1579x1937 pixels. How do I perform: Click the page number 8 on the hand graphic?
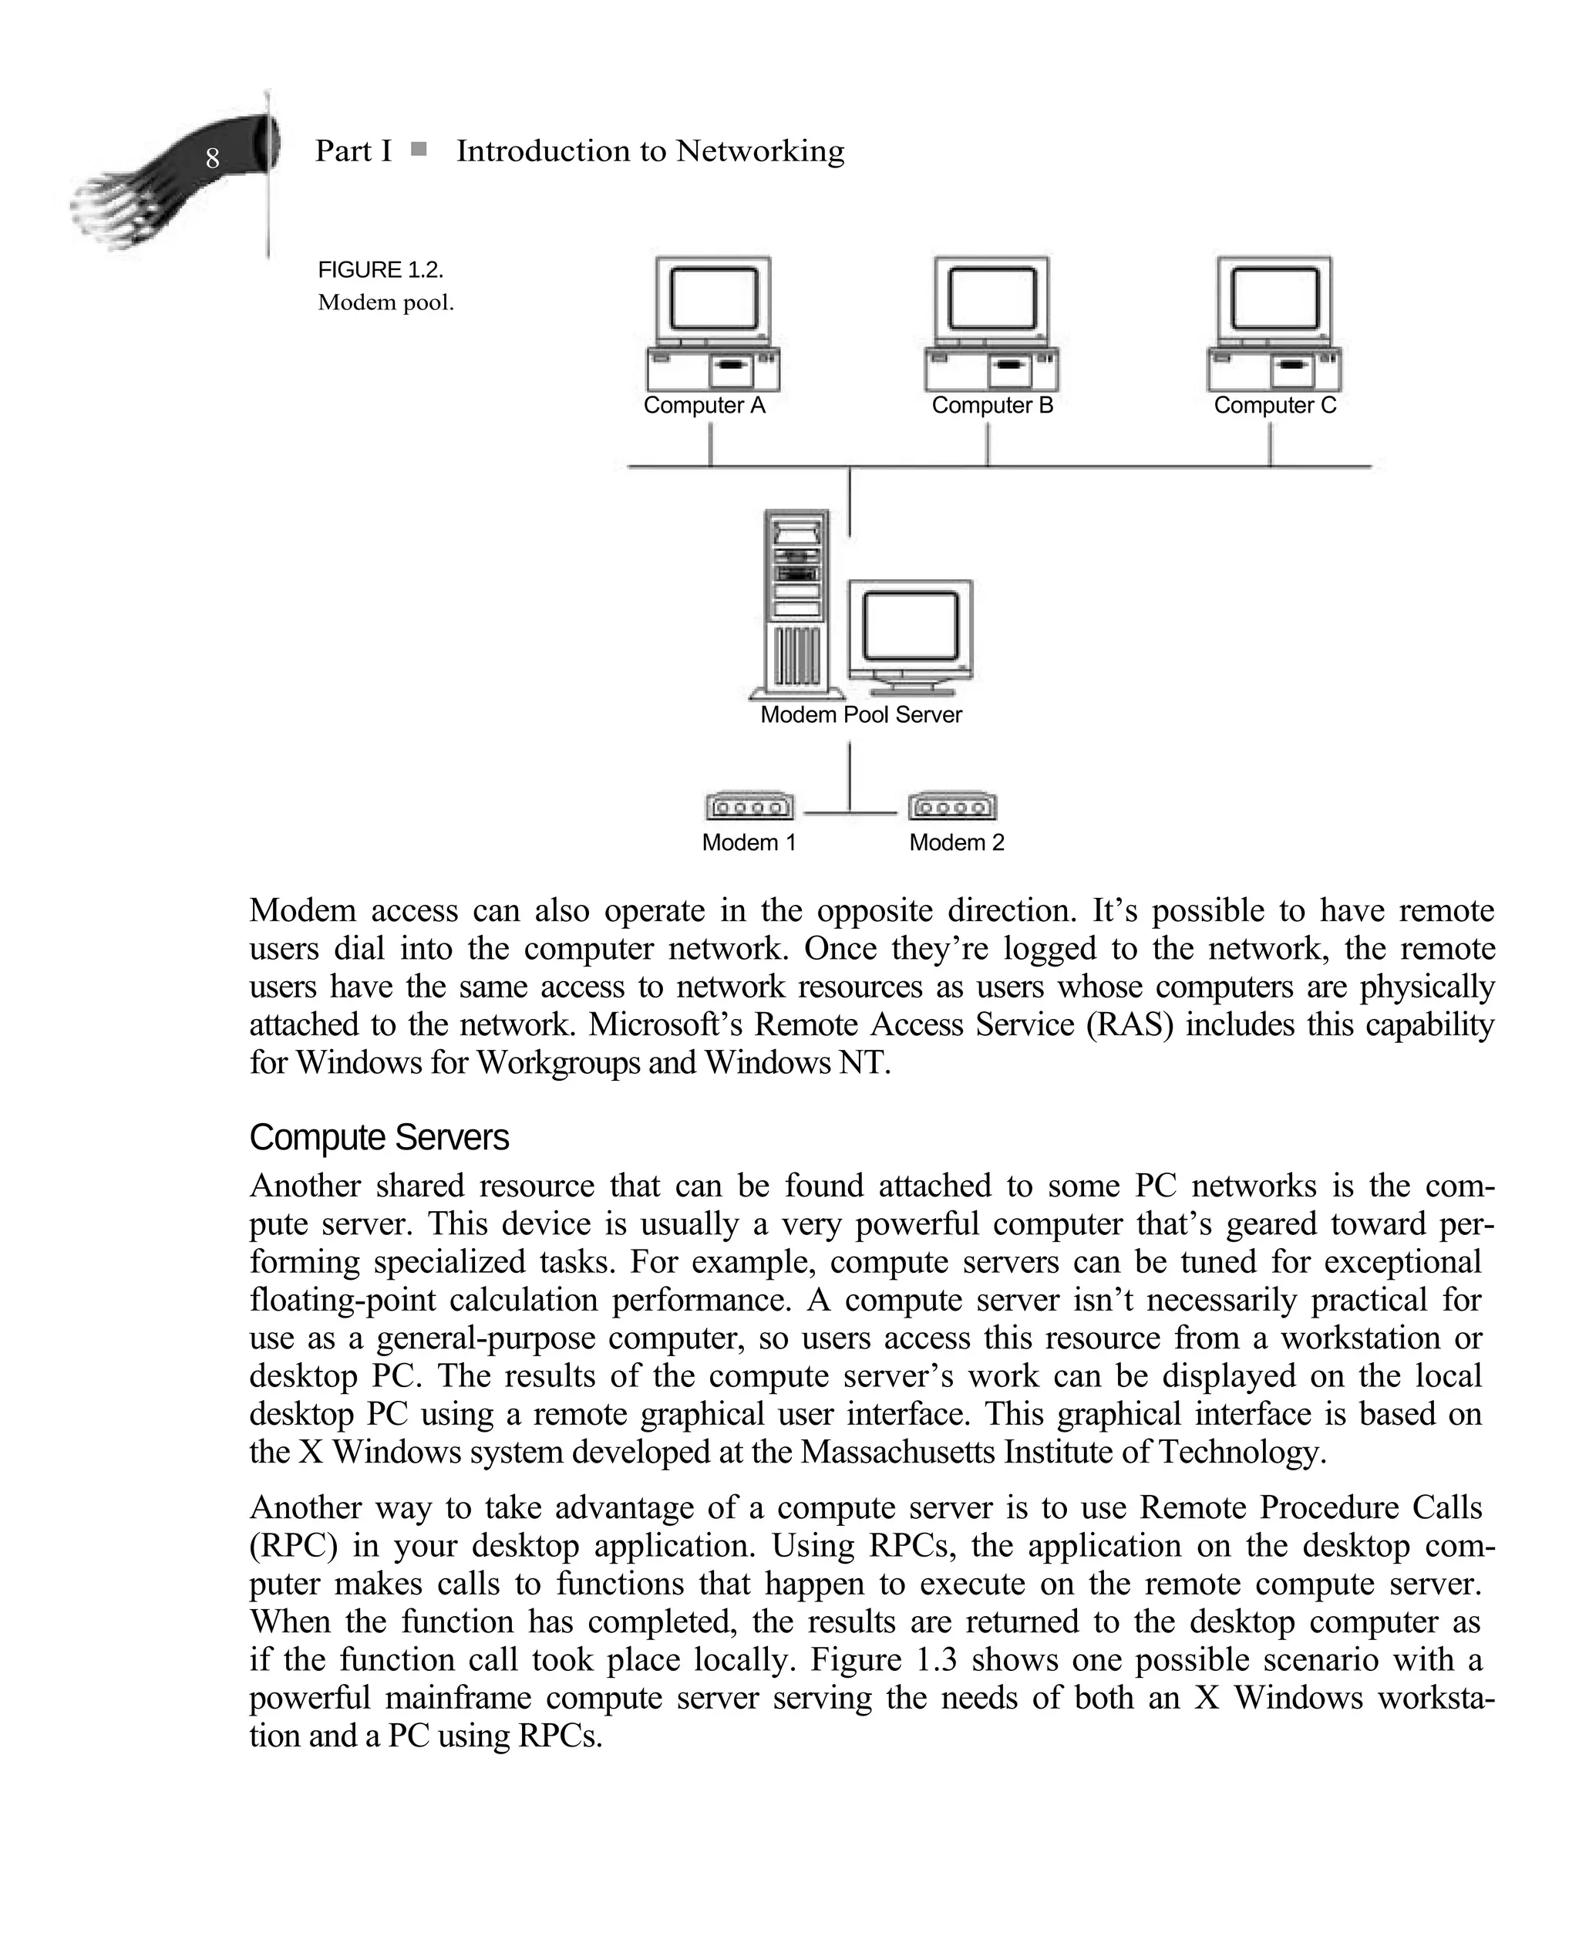click(212, 158)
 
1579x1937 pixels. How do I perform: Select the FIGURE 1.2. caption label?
click(380, 270)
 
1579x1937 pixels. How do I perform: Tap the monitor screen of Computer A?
click(714, 299)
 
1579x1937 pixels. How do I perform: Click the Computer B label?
click(992, 406)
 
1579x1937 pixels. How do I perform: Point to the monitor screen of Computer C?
click(1274, 299)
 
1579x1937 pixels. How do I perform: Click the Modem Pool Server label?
click(860, 715)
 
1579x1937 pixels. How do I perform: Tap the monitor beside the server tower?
click(911, 628)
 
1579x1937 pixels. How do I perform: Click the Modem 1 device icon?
click(749, 806)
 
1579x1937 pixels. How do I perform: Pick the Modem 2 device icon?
click(952, 806)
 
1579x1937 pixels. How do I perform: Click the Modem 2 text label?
click(956, 843)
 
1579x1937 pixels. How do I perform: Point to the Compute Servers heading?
click(379, 1138)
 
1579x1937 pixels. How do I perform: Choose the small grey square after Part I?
click(419, 149)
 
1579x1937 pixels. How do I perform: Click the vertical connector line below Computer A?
click(710, 444)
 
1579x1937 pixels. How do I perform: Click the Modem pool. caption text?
click(385, 303)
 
